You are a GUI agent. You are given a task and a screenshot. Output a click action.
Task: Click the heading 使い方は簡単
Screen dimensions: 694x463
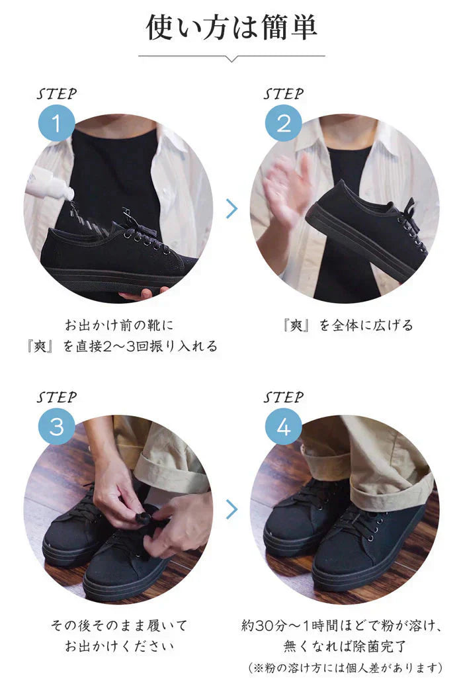[232, 28]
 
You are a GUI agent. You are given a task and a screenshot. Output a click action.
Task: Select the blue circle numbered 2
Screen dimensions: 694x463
[283, 124]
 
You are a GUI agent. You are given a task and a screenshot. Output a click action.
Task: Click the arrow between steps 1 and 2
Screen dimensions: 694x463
[232, 209]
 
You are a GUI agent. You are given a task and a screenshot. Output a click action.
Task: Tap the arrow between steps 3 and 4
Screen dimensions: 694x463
[232, 509]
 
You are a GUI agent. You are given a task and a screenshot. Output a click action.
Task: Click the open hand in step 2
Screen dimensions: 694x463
[286, 189]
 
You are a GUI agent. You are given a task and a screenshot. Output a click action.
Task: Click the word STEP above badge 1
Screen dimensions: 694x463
[56, 94]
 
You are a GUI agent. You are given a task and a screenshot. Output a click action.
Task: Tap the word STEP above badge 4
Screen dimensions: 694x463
[283, 397]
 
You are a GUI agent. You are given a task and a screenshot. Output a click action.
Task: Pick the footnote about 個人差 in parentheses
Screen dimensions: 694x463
[345, 668]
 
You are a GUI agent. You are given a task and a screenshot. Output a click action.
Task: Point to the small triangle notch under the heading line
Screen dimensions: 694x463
[232, 59]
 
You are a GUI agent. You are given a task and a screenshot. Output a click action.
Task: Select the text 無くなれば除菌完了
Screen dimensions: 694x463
[345, 646]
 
